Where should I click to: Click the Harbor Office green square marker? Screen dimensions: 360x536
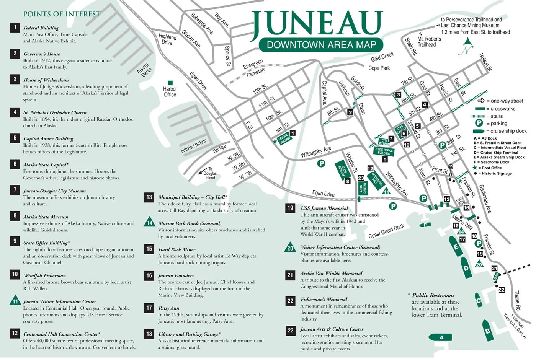(170, 83)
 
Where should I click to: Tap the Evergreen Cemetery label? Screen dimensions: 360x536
(254, 68)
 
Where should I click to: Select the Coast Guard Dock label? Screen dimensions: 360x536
(386, 231)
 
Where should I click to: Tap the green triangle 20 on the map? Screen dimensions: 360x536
(479, 264)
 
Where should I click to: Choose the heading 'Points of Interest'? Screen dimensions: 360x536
(62, 14)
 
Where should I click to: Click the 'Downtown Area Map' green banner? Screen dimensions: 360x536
(321, 45)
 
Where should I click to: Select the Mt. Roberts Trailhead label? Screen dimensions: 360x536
(429, 42)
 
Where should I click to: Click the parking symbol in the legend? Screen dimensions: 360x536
(479, 123)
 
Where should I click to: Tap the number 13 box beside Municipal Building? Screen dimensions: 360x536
(149, 197)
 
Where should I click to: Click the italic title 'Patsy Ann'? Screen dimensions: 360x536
(168, 308)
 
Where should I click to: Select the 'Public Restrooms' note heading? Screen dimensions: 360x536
(433, 295)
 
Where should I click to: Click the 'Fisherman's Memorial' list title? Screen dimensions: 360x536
(324, 300)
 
